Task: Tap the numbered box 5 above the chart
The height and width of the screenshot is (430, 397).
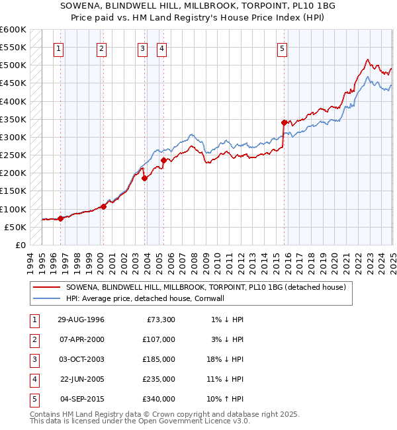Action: point(283,48)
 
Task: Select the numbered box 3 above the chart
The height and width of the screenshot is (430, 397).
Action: point(142,48)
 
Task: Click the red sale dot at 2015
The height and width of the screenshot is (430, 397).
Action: point(284,122)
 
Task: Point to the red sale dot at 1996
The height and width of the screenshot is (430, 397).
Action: point(60,218)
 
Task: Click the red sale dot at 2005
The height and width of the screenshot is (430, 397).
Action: point(163,160)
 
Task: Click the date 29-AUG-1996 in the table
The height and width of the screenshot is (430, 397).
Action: point(81,320)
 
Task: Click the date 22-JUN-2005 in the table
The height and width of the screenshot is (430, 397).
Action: point(81,379)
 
